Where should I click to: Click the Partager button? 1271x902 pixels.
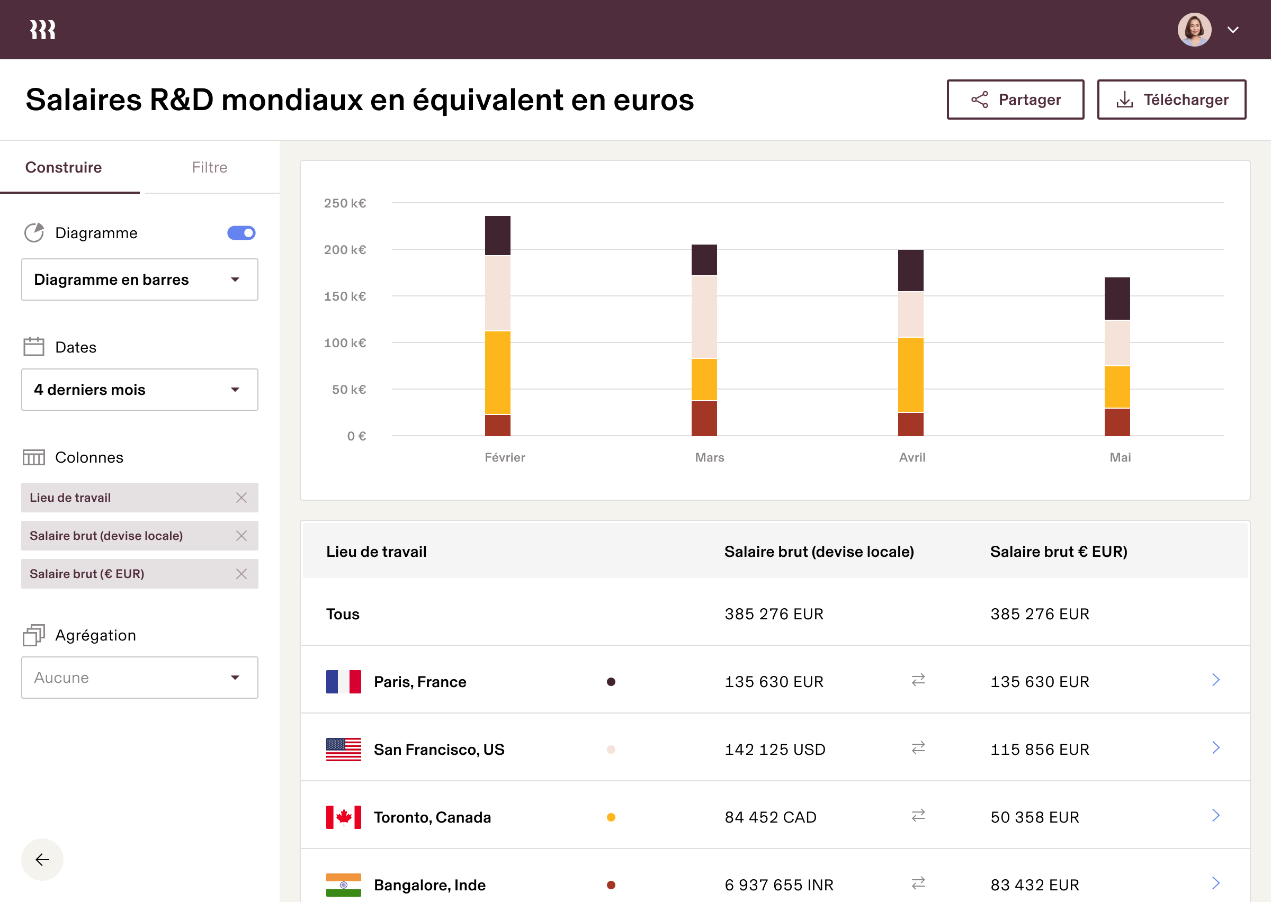(1015, 100)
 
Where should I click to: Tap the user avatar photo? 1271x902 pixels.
(1194, 30)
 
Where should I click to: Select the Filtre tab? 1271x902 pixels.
(209, 167)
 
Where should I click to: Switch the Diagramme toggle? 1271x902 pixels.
(241, 233)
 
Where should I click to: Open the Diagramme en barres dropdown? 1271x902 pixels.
(139, 279)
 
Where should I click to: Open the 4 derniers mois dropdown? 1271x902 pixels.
(139, 390)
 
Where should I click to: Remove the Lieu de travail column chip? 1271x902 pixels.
(241, 498)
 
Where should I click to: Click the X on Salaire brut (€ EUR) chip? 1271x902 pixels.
(241, 574)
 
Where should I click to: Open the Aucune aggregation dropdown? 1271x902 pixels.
(139, 678)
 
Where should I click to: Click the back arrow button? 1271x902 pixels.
(42, 859)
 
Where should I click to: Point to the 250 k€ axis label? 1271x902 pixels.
(345, 203)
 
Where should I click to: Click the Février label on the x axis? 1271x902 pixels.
(504, 457)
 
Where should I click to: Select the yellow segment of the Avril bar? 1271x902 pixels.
(910, 374)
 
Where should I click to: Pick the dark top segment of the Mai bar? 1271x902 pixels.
(1117, 298)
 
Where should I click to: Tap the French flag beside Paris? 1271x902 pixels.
(343, 681)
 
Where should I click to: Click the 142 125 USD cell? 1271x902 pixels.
(774, 749)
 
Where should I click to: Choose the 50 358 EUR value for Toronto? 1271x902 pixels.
(1034, 817)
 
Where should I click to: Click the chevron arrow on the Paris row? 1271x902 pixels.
(1215, 680)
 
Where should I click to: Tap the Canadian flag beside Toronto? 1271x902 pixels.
(343, 817)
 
